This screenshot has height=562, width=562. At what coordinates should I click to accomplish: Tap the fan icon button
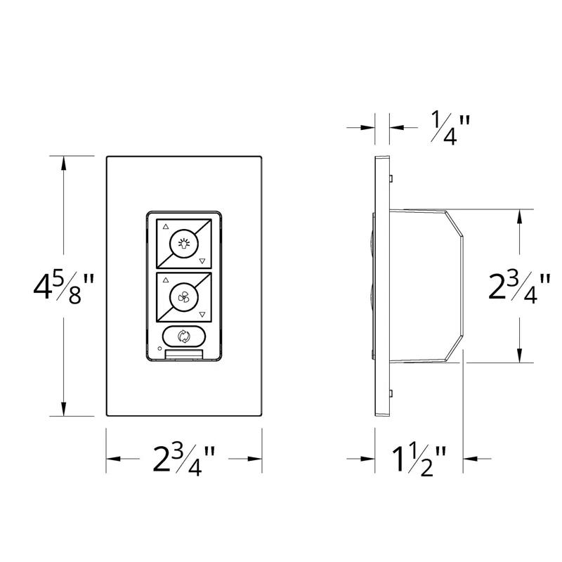[x=184, y=298]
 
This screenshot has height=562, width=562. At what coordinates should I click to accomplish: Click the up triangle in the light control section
[x=166, y=227]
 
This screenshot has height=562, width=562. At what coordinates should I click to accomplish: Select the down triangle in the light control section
[x=202, y=261]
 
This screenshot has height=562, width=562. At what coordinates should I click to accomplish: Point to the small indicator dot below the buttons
[x=159, y=348]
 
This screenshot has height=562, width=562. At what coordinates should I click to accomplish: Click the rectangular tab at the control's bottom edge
[x=184, y=354]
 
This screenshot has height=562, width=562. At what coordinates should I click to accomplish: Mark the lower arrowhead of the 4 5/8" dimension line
[x=64, y=408]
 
